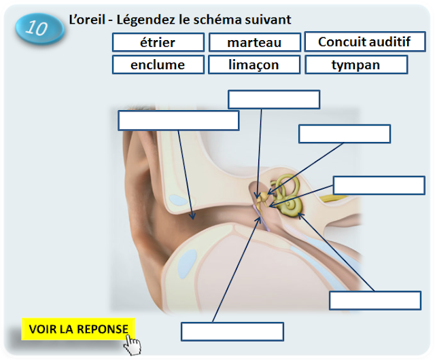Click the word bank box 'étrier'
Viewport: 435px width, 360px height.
click(x=158, y=43)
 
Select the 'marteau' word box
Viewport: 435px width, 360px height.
click(x=254, y=43)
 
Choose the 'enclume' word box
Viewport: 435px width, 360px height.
click(x=158, y=65)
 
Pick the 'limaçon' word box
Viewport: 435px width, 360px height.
click(x=254, y=65)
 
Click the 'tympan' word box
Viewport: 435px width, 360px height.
click(x=356, y=65)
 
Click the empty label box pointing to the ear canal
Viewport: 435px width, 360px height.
click(x=178, y=120)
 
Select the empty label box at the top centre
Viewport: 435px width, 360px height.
click(x=274, y=99)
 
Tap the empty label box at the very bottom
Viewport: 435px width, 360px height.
click(x=232, y=331)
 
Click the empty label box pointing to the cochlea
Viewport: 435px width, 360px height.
click(x=375, y=300)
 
